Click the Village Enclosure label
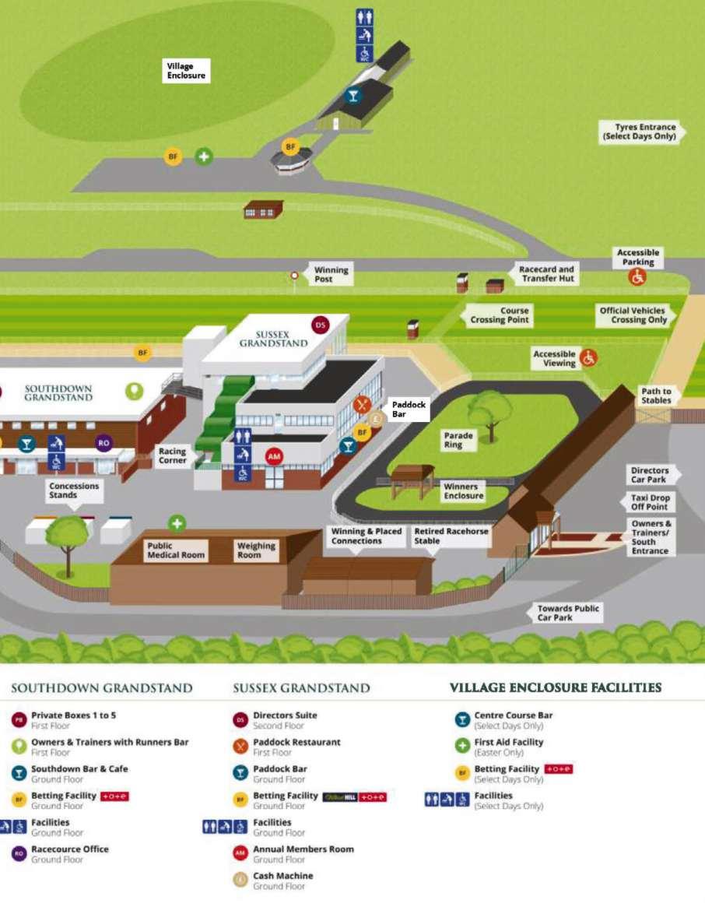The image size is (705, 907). [x=187, y=72]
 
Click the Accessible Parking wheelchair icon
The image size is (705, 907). [x=638, y=276]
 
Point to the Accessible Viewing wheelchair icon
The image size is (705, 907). [x=588, y=358]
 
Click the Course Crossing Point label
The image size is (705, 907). [x=500, y=315]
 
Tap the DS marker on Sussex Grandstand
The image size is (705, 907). [x=320, y=325]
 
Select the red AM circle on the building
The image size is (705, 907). [x=274, y=456]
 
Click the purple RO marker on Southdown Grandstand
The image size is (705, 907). [x=103, y=443]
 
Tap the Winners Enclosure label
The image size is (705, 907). [x=463, y=491]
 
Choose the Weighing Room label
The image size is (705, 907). [x=256, y=550]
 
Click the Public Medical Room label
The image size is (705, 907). [x=176, y=550]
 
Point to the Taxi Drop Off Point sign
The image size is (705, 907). [x=650, y=502]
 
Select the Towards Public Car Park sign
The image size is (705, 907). [x=568, y=613]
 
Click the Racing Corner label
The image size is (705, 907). [x=172, y=455]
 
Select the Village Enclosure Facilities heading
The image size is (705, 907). [x=556, y=687]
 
